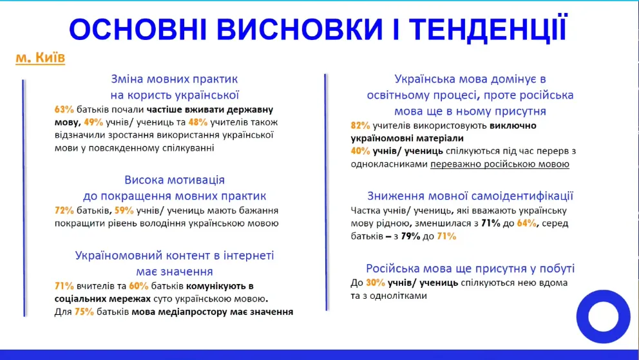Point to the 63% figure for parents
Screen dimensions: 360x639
coord(64,109)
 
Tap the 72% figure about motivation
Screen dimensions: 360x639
coord(64,211)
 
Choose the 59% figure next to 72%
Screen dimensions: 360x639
coord(124,211)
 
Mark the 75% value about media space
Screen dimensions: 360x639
coord(84,312)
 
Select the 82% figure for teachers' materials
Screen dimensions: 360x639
coord(361,126)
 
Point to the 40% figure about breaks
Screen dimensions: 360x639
coord(361,151)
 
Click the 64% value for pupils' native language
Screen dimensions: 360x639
coord(526,223)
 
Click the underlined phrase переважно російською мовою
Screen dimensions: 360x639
coord(500,164)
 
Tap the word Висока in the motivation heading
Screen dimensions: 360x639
coord(146,180)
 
